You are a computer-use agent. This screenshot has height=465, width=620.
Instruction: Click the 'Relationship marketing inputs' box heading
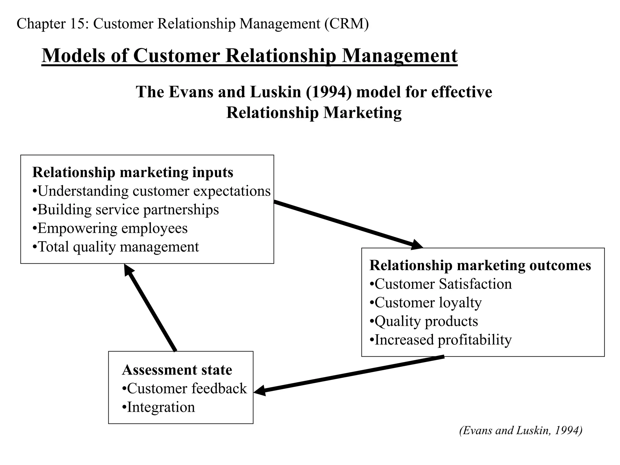tap(133, 173)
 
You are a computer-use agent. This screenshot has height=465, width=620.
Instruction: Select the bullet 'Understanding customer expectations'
tap(151, 191)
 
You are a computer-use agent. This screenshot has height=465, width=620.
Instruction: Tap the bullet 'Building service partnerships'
tap(126, 210)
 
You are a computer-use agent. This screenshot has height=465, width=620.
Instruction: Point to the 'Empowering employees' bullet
tap(110, 228)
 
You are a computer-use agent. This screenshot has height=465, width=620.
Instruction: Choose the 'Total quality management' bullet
tap(116, 247)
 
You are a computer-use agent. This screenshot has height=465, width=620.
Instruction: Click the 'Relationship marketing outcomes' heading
tap(480, 265)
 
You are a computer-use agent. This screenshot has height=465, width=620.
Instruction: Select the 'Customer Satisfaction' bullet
tap(441, 284)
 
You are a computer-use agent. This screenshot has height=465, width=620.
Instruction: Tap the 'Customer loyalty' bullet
tap(426, 303)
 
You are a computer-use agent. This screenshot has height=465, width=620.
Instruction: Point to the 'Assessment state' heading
tap(177, 370)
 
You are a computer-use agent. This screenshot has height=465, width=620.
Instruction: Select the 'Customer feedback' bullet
tap(184, 389)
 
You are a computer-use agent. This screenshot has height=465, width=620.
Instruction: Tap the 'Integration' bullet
tap(158, 407)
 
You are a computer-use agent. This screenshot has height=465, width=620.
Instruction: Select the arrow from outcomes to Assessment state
tap(348, 375)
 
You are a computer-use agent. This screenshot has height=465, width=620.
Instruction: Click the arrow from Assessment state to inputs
tap(150, 308)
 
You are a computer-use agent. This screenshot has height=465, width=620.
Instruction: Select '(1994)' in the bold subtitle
tap(329, 92)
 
